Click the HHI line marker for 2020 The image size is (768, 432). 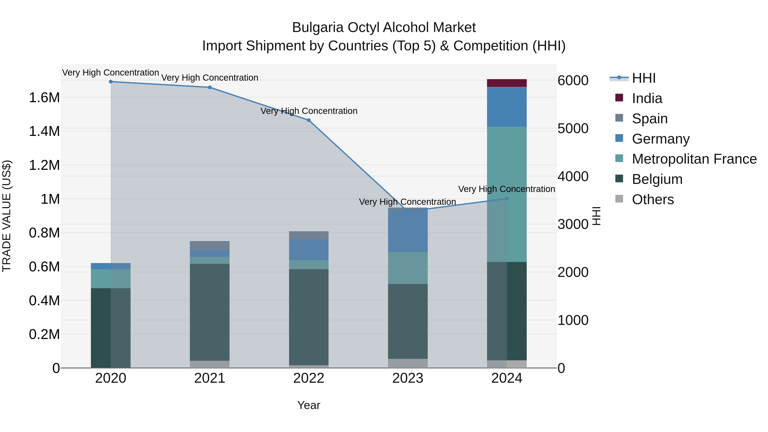tap(111, 81)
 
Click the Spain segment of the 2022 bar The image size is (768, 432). tap(308, 235)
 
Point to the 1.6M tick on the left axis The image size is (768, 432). tap(44, 97)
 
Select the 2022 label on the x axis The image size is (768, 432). tap(308, 378)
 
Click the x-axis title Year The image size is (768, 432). tap(308, 405)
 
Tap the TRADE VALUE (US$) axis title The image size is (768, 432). tap(7, 216)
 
